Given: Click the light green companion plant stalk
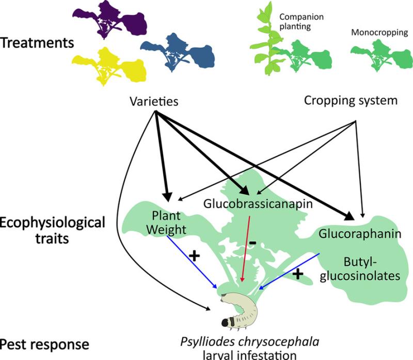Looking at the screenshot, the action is click(266, 40).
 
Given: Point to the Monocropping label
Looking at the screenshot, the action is click(379, 33).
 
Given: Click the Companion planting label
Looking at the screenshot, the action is click(301, 22).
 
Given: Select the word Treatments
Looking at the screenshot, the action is click(37, 43).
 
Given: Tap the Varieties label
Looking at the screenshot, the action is click(154, 101).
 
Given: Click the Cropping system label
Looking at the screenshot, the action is click(351, 100).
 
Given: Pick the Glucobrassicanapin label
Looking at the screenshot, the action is click(258, 204).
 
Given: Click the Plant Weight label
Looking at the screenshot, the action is click(166, 223).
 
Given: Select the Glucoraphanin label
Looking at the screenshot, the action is click(360, 234).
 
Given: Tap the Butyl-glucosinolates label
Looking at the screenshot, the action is click(360, 269).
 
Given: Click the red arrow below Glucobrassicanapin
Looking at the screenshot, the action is click(246, 249).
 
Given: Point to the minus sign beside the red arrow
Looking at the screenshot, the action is click(252, 243).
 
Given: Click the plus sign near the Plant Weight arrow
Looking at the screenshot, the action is click(195, 255).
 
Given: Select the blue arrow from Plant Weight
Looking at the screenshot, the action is click(192, 262).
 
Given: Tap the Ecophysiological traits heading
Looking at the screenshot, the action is click(53, 230).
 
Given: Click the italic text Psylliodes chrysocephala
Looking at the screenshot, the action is click(250, 342).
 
